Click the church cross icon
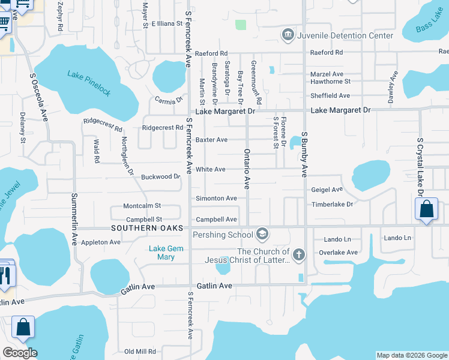click(298, 255)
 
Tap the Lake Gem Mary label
click(162, 253)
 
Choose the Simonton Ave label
click(216, 198)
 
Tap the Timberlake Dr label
click(332, 205)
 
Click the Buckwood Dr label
click(160, 177)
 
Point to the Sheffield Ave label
click(330, 95)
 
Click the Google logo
click(20, 353)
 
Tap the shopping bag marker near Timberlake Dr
click(426, 210)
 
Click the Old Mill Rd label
click(140, 352)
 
